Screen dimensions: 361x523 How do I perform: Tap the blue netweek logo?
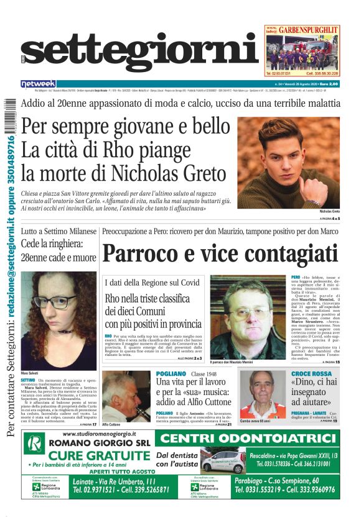point(39,83)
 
